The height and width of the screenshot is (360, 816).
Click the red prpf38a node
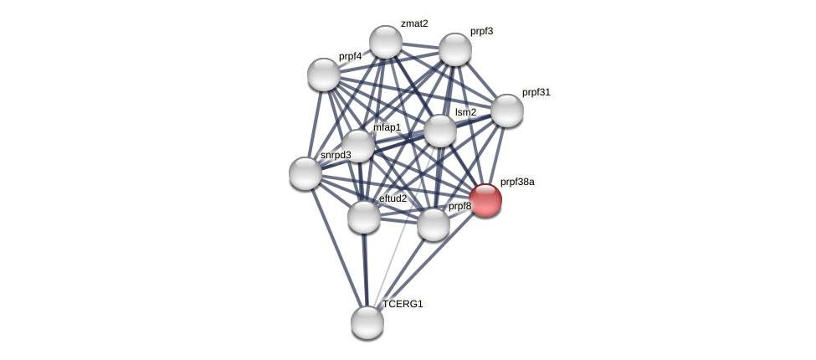pyautogui.click(x=485, y=200)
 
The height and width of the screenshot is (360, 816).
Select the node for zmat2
pyautogui.click(x=386, y=42)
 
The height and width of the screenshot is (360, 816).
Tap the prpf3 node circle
pyautogui.click(x=455, y=49)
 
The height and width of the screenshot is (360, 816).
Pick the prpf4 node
pyautogui.click(x=324, y=75)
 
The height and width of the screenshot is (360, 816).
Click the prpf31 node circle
pyautogui.click(x=506, y=111)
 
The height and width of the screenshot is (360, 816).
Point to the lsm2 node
pyautogui.click(x=440, y=131)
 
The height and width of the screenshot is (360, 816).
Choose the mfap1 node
pyautogui.click(x=358, y=145)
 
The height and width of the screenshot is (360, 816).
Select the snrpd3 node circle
pyautogui.click(x=305, y=173)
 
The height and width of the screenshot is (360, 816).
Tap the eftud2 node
pyautogui.click(x=364, y=217)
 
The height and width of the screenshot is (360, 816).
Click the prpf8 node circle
pyautogui.click(x=433, y=224)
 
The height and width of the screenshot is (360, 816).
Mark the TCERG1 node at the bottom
pyautogui.click(x=367, y=321)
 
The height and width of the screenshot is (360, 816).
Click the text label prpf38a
pyautogui.click(x=517, y=182)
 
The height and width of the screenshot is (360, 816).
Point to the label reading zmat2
pyautogui.click(x=414, y=23)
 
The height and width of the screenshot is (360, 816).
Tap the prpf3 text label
pyautogui.click(x=481, y=32)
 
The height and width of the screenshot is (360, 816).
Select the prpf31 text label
pyautogui.click(x=536, y=92)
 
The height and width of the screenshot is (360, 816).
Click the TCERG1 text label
pyautogui.click(x=403, y=304)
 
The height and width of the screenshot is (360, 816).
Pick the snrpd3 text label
pyautogui.click(x=336, y=155)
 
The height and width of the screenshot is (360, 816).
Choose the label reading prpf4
pyautogui.click(x=351, y=56)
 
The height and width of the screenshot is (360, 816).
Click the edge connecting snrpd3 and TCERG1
pyautogui.click(x=336, y=246)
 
